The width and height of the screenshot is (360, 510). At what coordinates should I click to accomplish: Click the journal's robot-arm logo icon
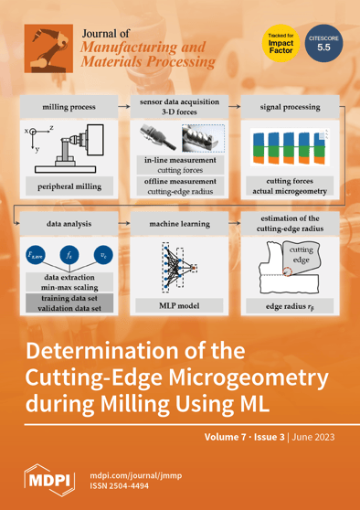[45, 46]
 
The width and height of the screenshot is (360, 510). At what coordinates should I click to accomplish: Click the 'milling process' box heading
[67, 107]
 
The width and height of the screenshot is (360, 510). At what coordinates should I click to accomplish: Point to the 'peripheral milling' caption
[69, 186]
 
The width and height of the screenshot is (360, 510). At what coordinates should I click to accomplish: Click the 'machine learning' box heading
[179, 222]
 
